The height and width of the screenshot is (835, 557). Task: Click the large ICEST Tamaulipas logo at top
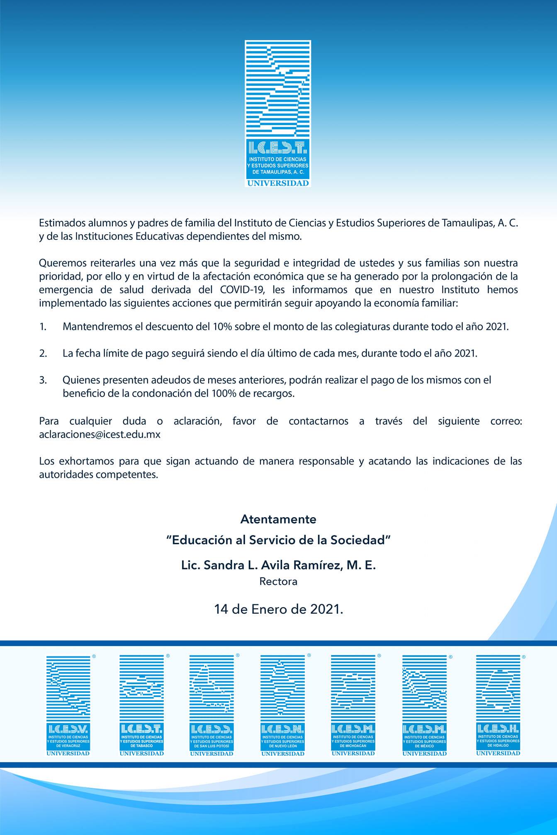277,113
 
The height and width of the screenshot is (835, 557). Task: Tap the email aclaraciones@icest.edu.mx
100,435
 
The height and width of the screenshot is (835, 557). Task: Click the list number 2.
43,353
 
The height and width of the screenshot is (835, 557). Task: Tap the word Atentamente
278,519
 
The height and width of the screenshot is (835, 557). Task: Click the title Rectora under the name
278,581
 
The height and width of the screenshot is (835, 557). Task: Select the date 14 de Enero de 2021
278,609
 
